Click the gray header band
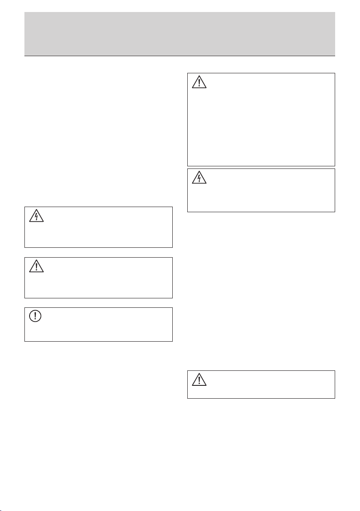click(180, 33)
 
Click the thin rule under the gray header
click(180, 56)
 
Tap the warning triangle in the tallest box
click(199, 81)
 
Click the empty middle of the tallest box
click(261, 124)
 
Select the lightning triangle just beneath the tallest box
click(199, 177)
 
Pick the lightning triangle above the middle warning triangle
click(36, 216)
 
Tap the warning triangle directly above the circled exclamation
click(36, 267)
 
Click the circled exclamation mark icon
click(36, 316)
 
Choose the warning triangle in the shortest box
click(199, 379)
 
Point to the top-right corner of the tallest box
click(334, 73)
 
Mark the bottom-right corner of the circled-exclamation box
click(172, 341)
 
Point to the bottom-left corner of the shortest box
click(188, 398)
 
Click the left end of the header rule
click(24, 56)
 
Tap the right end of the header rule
click(335, 56)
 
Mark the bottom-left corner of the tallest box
click(188, 166)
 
